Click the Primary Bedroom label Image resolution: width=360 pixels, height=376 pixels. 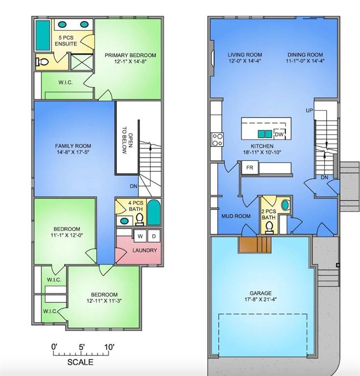(130, 55)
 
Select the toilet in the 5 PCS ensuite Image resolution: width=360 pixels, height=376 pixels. (43, 62)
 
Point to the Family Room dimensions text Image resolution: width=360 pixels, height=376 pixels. (73, 152)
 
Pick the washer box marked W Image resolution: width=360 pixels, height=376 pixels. (140, 236)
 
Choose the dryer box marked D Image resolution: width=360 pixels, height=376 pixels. (153, 236)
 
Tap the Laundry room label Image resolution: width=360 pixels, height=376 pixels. (145, 250)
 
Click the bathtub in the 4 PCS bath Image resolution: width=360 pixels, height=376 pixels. (154, 212)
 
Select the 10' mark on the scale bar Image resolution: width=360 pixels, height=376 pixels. (109, 347)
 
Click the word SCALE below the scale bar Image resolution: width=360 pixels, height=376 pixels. (80, 363)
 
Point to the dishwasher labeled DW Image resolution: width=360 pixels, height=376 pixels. (279, 134)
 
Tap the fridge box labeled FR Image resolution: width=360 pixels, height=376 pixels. (249, 167)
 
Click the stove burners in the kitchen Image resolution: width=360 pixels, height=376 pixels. (217, 140)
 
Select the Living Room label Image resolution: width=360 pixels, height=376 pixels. (245, 55)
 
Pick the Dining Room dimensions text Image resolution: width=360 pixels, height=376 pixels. (306, 61)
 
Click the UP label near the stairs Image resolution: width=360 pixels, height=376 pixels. (309, 111)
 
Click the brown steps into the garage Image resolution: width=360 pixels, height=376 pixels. (254, 244)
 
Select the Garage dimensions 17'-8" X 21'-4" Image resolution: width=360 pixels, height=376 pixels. (260, 300)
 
